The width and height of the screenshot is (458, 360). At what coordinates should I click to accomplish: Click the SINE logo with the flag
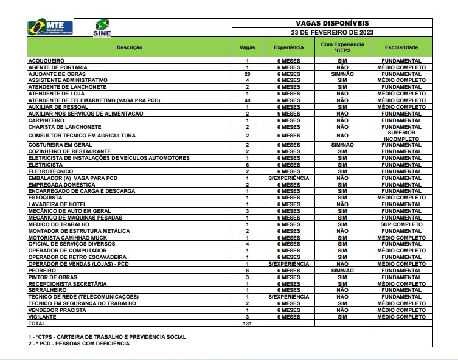pyautogui.click(x=103, y=28)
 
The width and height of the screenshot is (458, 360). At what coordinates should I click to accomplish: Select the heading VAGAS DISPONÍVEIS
pyautogui.click(x=332, y=22)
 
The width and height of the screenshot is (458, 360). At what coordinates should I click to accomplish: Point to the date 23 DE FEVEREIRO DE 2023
pyautogui.click(x=332, y=32)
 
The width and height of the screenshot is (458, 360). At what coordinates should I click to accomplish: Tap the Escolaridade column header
pyautogui.click(x=401, y=47)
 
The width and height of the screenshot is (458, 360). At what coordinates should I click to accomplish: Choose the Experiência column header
pyautogui.click(x=288, y=47)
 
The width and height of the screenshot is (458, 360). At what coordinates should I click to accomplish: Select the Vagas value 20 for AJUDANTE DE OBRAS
pyautogui.click(x=248, y=74)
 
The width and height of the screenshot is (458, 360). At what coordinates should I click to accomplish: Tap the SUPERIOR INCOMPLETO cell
pyautogui.click(x=401, y=136)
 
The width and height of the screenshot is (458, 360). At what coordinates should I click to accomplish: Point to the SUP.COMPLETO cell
pyautogui.click(x=401, y=224)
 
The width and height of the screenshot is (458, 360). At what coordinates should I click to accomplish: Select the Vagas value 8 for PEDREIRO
pyautogui.click(x=248, y=270)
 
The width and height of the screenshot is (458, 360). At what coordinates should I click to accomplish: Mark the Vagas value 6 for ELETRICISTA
pyautogui.click(x=248, y=165)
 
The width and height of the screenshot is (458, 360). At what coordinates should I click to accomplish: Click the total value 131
pyautogui.click(x=248, y=324)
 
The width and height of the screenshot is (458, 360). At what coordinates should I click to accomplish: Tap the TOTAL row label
pyautogui.click(x=37, y=324)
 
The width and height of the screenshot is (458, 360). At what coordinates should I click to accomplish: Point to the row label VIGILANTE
pyautogui.click(x=43, y=317)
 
